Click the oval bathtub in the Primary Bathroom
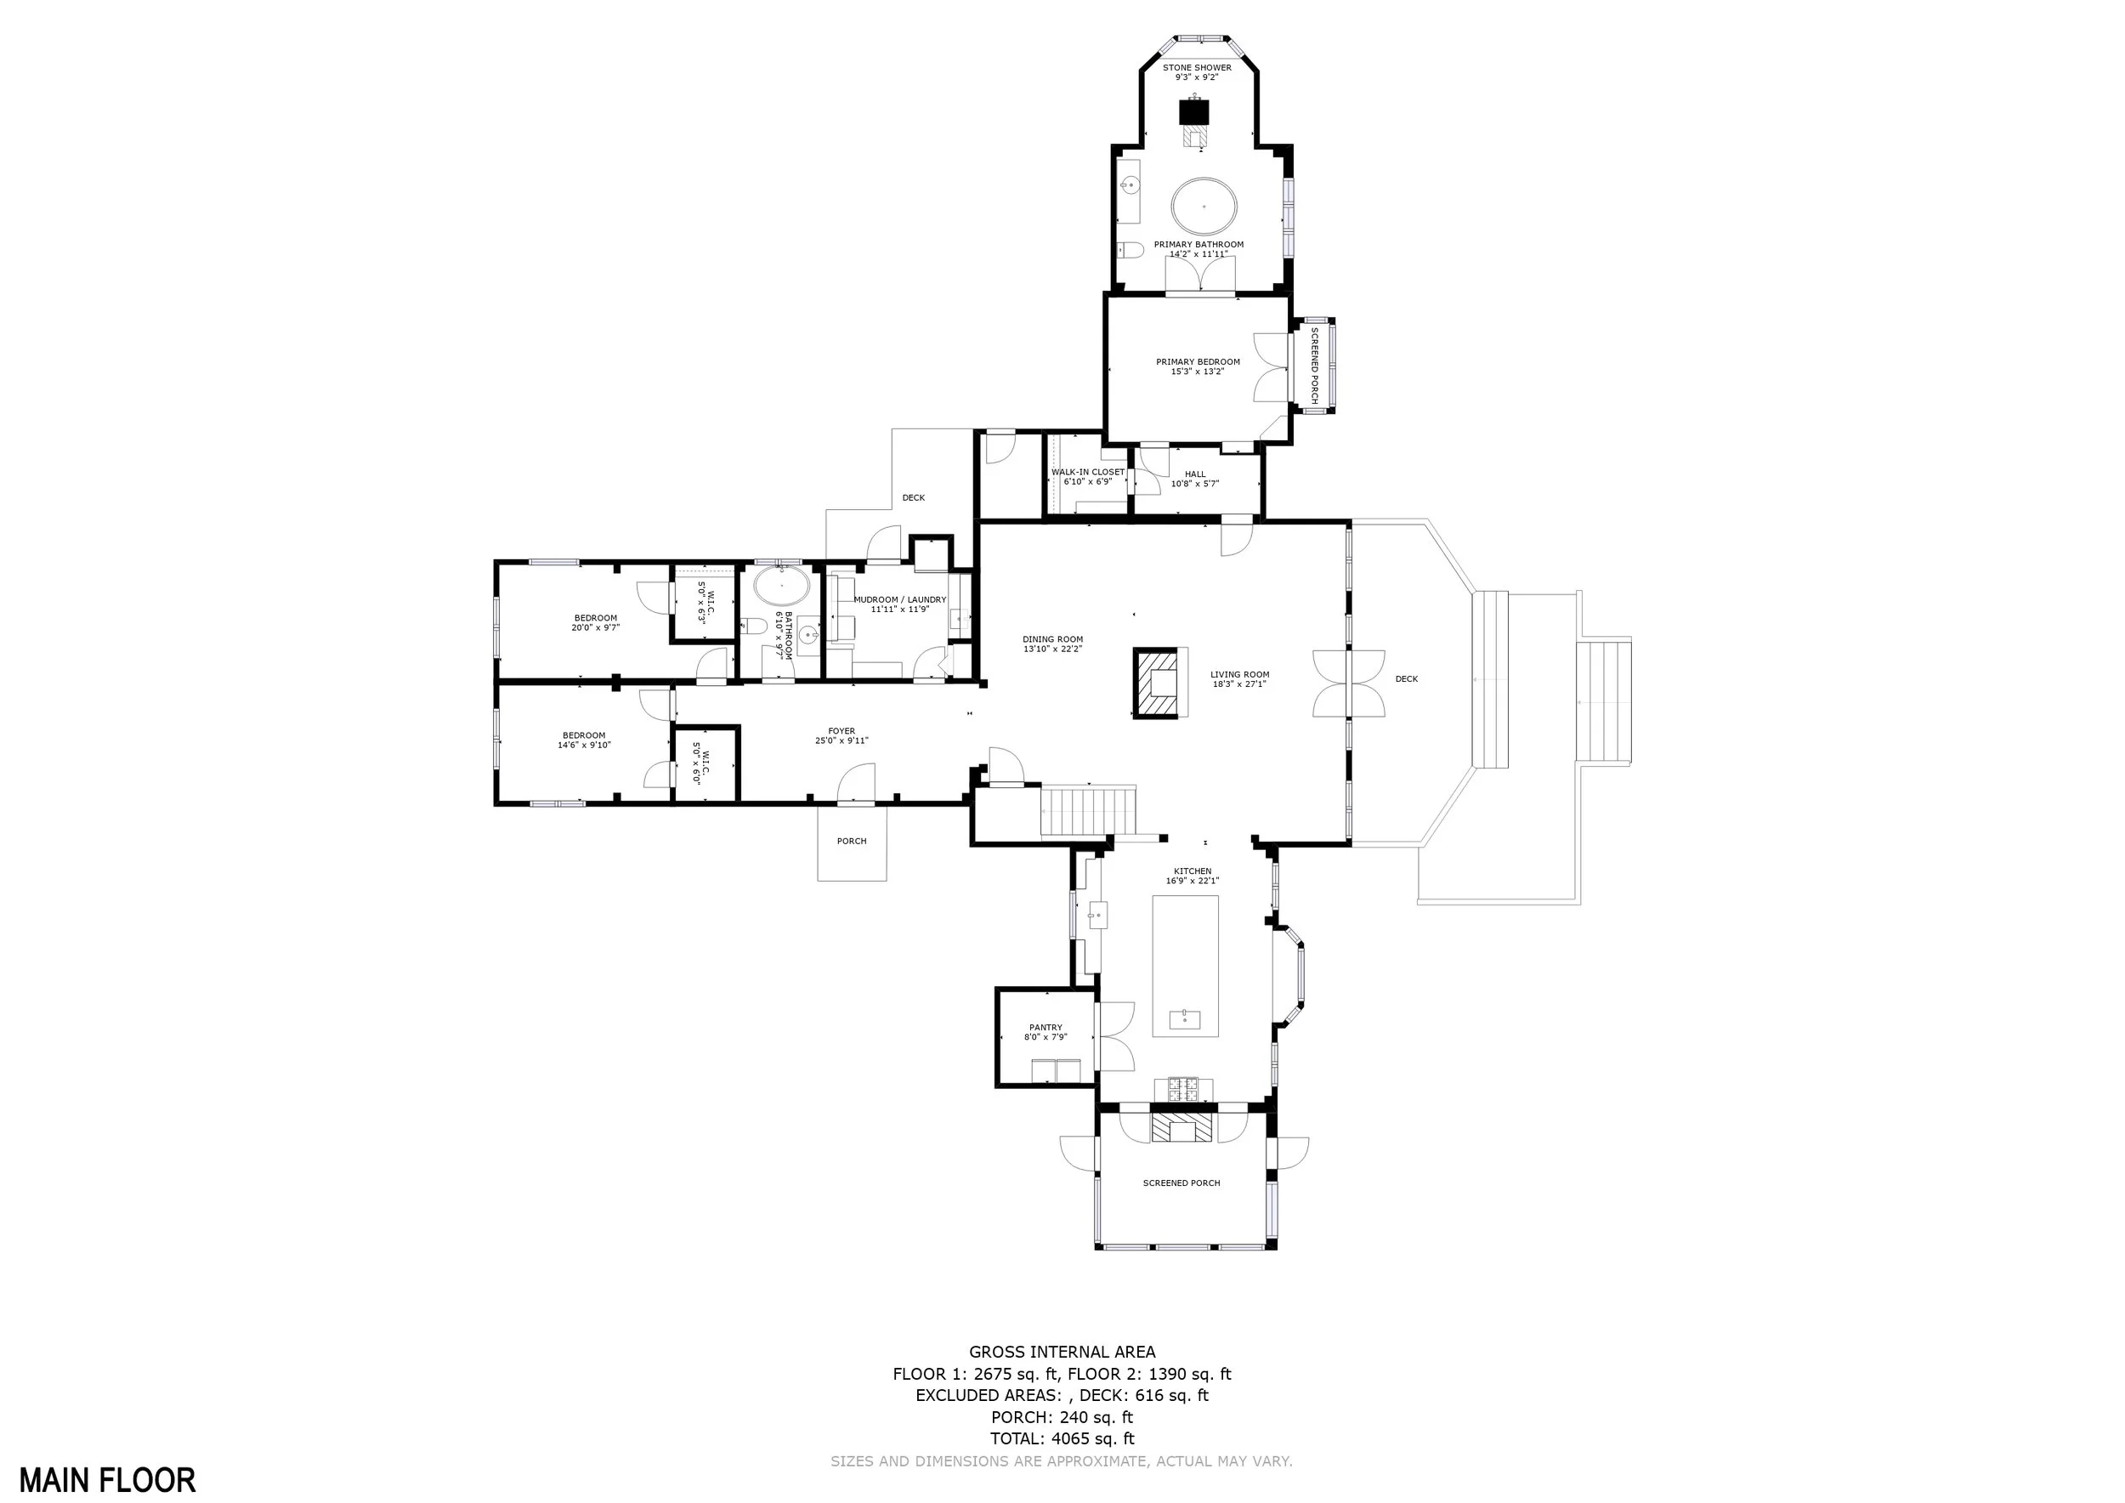[x=1204, y=206]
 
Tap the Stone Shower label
[x=1197, y=72]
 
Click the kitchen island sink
[x=1186, y=1020]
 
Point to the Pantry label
[x=1045, y=1032]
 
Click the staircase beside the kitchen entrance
[x=1087, y=811]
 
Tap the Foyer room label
[x=841, y=735]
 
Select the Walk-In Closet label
[x=1087, y=477]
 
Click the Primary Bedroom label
[x=1198, y=366]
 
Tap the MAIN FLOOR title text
[x=107, y=1480]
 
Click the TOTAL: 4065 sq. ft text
[x=1062, y=1438]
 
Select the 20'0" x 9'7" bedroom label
[x=595, y=623]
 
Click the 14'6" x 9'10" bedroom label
[x=584, y=740]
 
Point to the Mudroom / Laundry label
[x=899, y=604]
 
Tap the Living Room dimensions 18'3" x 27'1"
[x=1239, y=684]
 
